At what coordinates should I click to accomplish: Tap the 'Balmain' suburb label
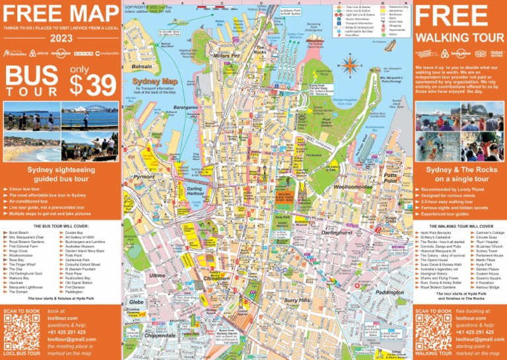tap(142, 67)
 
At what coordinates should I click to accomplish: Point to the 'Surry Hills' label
tap(297, 301)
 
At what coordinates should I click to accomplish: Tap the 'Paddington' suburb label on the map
tap(389, 292)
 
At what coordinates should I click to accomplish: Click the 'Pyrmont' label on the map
tap(144, 177)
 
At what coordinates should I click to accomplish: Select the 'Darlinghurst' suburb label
tap(337, 233)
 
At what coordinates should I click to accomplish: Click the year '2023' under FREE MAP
tap(61, 38)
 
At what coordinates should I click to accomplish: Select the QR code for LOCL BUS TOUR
tap(22, 332)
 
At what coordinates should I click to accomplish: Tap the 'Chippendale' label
tap(160, 336)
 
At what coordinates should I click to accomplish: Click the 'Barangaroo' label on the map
tap(186, 106)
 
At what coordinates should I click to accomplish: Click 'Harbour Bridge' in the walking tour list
tap(489, 287)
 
